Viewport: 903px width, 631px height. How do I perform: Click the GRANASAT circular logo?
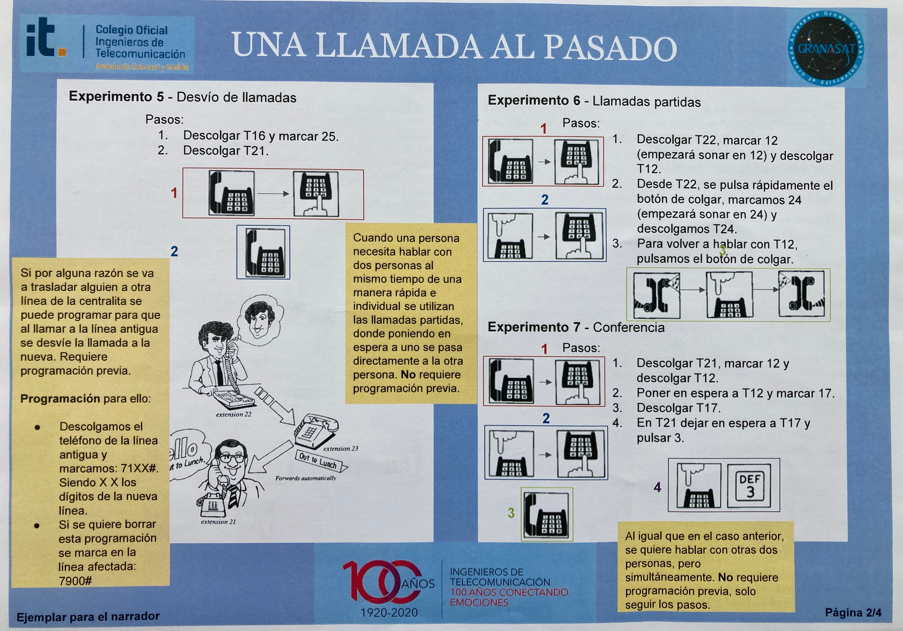click(x=826, y=48)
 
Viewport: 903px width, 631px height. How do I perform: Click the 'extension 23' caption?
click(x=341, y=448)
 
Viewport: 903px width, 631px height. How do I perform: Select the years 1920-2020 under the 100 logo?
click(x=389, y=613)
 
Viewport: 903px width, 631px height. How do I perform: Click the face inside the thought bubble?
click(x=258, y=319)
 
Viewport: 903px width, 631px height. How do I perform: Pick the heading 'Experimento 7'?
click(x=534, y=327)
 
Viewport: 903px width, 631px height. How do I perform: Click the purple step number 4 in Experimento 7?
click(x=657, y=487)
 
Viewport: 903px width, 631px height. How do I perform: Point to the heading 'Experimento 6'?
click(x=534, y=101)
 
